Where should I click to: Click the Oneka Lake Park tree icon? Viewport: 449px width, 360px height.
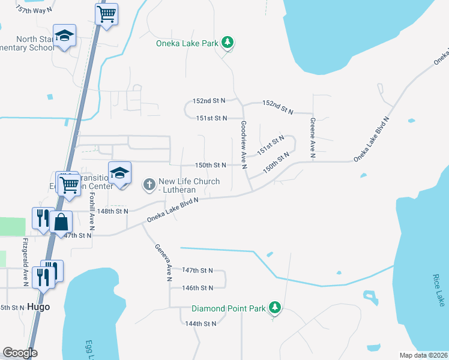(228, 42)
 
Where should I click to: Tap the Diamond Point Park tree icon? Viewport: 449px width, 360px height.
(275, 308)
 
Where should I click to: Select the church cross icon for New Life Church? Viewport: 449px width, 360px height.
(149, 185)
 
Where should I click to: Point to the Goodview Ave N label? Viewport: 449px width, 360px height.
(244, 145)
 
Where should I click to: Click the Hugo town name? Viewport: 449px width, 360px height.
(38, 307)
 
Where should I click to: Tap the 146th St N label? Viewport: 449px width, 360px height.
(198, 288)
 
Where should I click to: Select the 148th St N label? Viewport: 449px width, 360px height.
(113, 211)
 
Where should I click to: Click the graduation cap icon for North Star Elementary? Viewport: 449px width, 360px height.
(64, 36)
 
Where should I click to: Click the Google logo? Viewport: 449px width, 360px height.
(20, 353)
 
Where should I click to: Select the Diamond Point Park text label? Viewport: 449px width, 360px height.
(228, 309)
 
